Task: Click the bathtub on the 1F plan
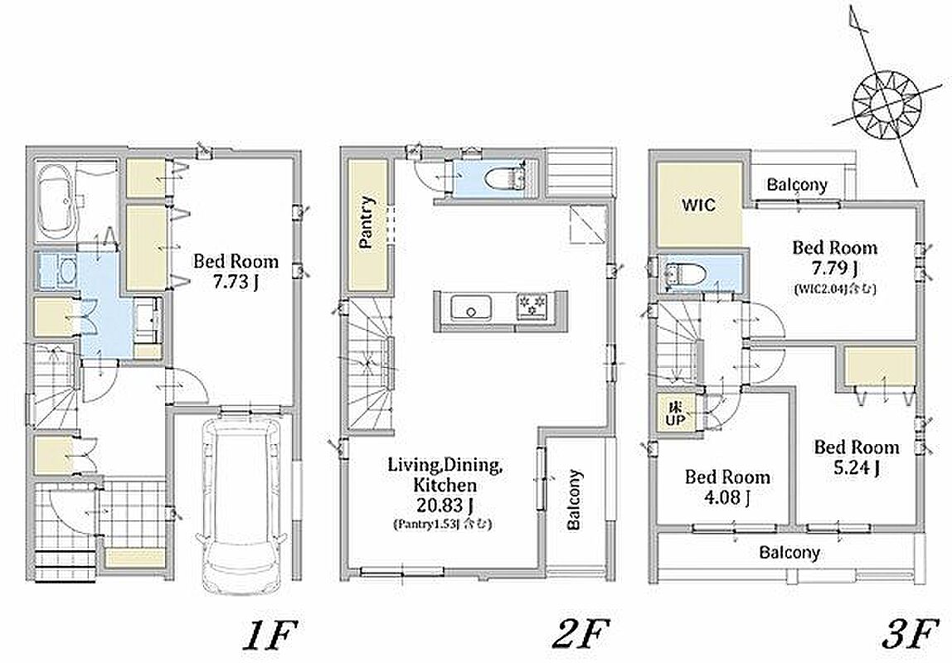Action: pos(56,200)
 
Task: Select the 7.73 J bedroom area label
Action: pos(236,282)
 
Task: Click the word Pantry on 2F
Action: pos(367,222)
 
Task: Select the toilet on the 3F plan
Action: pos(686,275)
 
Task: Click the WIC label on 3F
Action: pos(698,205)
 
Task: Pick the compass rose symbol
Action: pos(886,104)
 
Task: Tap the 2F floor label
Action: pos(580,635)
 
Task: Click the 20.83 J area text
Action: pos(445,505)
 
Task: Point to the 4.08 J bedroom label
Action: pos(726,497)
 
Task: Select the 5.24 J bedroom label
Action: pos(856,467)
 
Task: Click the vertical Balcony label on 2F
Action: pos(574,499)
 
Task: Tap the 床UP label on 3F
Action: pos(675,413)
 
